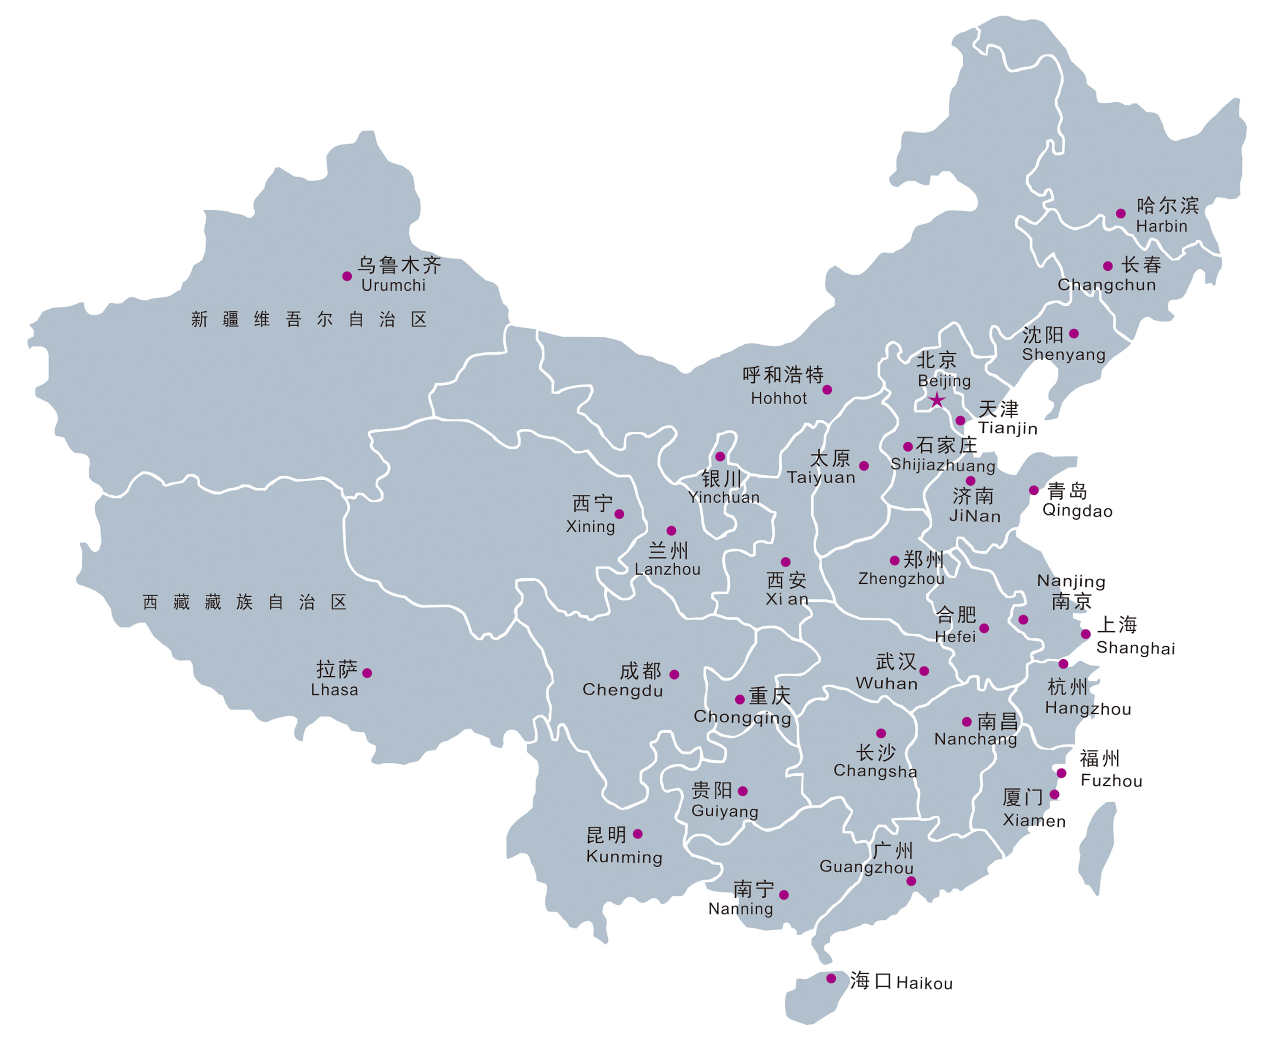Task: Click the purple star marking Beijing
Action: (936, 400)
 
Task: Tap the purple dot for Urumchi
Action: (347, 276)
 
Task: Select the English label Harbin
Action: (1161, 226)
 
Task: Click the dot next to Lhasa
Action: (367, 673)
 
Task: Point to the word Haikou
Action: (924, 983)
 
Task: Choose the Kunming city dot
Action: (638, 834)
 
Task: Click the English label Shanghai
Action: (1136, 648)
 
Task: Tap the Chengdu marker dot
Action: (674, 675)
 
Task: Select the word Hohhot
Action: (778, 398)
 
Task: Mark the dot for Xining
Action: (619, 514)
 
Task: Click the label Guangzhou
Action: (866, 867)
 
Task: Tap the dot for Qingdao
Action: (1033, 490)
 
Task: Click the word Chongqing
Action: (742, 717)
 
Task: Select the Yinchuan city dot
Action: (720, 457)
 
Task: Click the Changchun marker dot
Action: (1108, 266)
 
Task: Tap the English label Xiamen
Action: (1034, 821)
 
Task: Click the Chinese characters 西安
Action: (786, 580)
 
